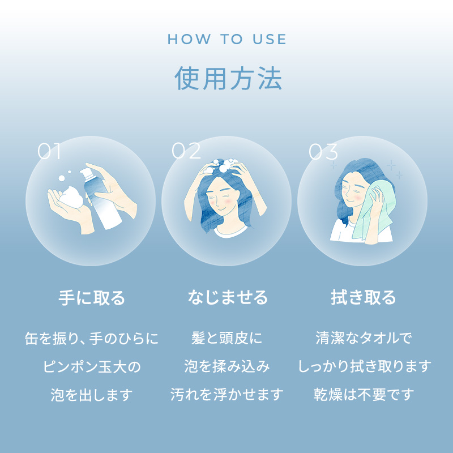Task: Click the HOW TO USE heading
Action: click(227, 39)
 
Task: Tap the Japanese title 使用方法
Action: click(228, 78)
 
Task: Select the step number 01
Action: click(49, 151)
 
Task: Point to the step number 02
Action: click(186, 151)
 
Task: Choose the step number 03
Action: click(323, 151)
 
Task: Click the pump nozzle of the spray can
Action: click(87, 173)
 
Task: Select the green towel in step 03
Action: click(373, 211)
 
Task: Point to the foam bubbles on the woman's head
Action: click(226, 165)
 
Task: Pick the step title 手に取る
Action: click(92, 298)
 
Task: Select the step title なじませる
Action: click(228, 298)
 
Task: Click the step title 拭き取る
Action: click(363, 298)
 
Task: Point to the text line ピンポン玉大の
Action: click(92, 366)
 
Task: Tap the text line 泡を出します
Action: click(92, 395)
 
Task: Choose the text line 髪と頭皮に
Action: click(227, 338)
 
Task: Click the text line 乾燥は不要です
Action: click(364, 395)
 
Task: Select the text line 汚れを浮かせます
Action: click(227, 395)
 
